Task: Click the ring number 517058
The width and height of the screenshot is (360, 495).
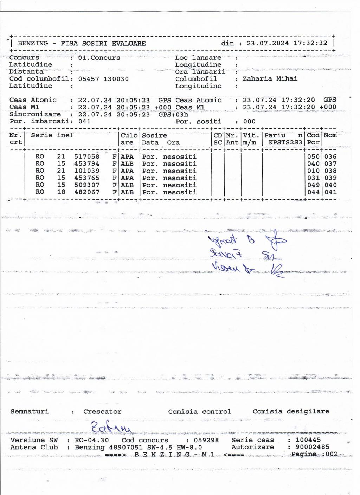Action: tap(86, 156)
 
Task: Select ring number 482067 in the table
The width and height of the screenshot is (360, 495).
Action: tap(86, 192)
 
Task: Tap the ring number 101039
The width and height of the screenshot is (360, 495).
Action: tap(86, 171)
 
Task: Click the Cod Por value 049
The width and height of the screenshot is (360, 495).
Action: tap(313, 185)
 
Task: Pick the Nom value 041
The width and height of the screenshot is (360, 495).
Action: tap(330, 192)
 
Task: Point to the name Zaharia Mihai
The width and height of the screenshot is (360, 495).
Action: tap(270, 78)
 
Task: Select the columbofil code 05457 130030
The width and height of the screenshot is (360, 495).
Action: tap(103, 79)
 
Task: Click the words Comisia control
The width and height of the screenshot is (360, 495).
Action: tap(199, 411)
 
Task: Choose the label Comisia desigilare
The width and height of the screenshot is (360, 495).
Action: tap(291, 411)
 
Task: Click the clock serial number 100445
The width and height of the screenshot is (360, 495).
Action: tap(308, 439)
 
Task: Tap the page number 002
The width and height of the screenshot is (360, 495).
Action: tap(332, 454)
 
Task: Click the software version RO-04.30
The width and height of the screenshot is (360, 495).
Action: tap(91, 440)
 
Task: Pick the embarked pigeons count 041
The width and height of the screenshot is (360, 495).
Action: tap(84, 121)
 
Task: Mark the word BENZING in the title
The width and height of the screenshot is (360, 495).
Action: tap(33, 43)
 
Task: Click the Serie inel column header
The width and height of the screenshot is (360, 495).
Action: tap(52, 135)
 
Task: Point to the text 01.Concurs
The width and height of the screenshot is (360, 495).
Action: tap(99, 57)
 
